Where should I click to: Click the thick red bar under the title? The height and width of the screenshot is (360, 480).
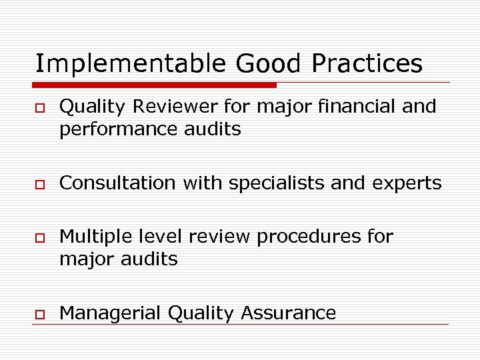[x=155, y=85]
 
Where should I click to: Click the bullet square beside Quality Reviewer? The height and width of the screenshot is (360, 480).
[x=40, y=107]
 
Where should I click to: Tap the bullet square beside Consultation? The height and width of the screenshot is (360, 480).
[x=40, y=184]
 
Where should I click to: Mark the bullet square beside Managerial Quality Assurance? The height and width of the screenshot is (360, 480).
[x=40, y=314]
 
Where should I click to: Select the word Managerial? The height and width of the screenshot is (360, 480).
[x=110, y=313]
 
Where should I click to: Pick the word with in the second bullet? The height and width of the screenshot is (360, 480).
[x=205, y=183]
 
